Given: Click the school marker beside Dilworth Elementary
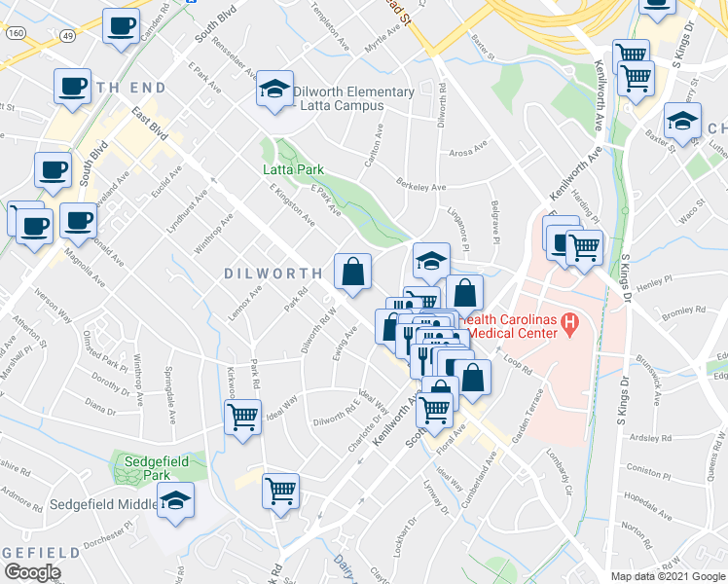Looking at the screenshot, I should (x=275, y=91).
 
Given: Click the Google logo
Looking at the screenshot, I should (x=32, y=572).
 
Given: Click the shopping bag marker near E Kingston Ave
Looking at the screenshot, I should (x=352, y=272).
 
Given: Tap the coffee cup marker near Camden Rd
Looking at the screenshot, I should (x=122, y=27).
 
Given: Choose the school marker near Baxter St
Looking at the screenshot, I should (x=681, y=123).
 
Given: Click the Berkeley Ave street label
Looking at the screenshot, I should (x=421, y=186).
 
